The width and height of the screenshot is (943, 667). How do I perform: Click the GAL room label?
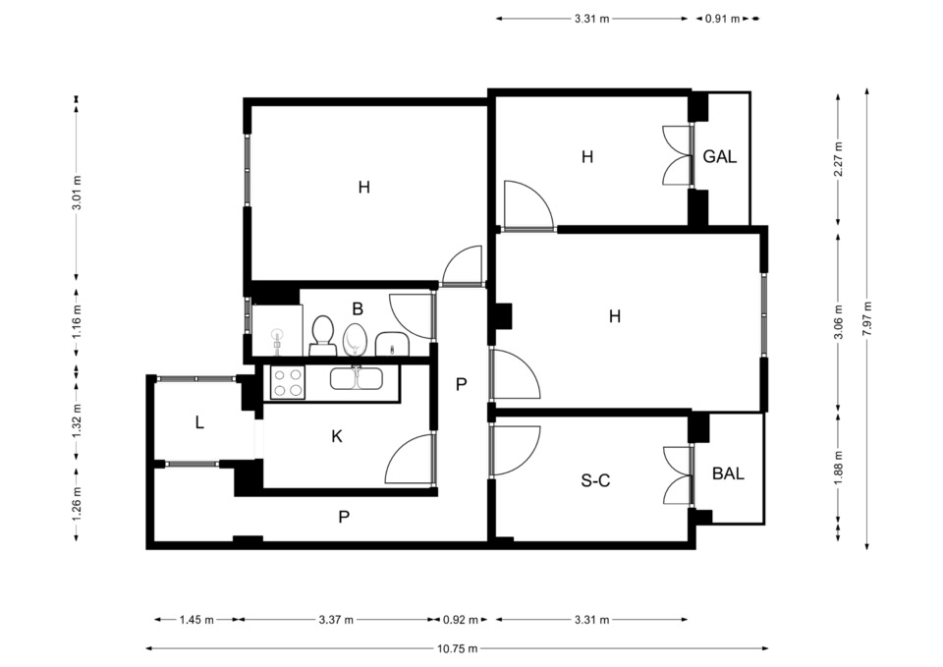point(719,156)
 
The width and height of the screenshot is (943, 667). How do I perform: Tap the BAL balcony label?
point(728,473)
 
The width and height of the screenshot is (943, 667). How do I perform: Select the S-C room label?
point(595,480)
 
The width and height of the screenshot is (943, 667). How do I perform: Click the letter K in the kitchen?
point(337,436)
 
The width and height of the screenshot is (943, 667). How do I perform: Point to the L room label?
point(199,422)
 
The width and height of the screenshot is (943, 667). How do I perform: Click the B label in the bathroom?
point(358,309)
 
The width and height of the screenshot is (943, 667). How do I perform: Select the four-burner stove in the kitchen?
point(288,382)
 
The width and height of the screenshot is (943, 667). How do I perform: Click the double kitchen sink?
point(357,379)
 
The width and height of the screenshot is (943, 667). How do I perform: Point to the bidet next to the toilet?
point(355,340)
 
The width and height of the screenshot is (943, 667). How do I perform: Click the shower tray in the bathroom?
point(277,330)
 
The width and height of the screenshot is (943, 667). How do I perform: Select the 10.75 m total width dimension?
point(457,648)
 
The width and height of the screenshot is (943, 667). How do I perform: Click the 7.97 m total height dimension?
point(866,318)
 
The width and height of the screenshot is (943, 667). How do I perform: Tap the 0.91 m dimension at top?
point(722,19)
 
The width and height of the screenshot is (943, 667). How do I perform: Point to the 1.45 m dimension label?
point(196,620)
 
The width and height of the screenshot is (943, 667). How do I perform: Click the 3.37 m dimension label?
point(336,620)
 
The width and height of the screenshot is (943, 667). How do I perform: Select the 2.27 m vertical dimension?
point(839,159)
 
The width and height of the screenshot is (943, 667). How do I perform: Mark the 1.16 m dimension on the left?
point(77,322)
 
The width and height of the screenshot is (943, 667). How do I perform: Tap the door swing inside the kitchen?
point(409,459)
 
